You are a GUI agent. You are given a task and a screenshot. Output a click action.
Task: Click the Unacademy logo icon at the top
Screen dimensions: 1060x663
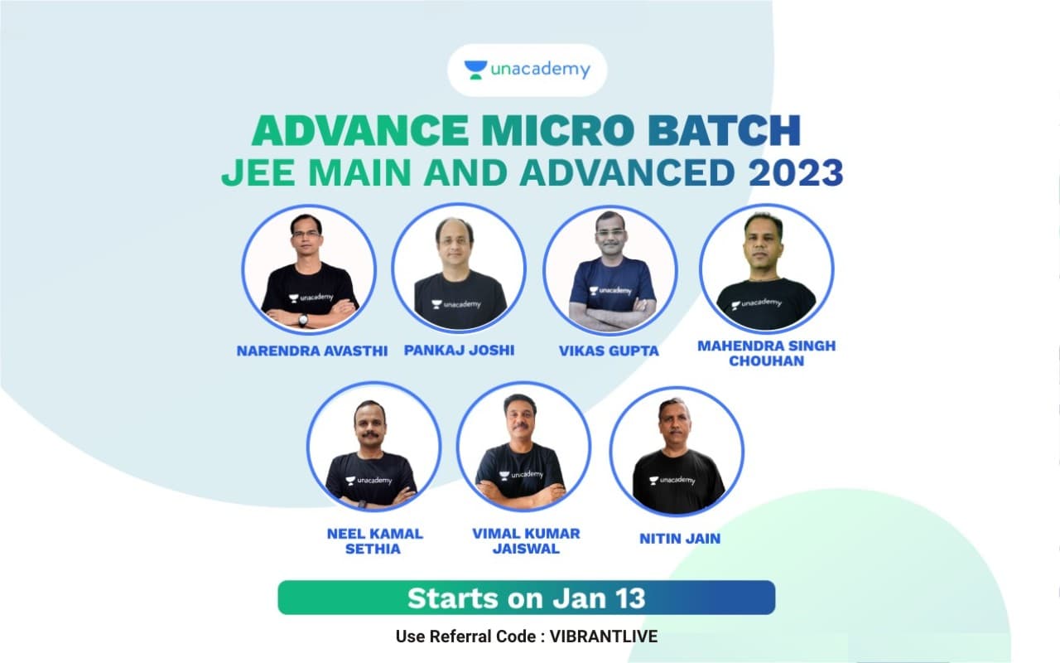[475, 70]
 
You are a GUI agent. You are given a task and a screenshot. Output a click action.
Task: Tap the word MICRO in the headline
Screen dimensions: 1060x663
[558, 130]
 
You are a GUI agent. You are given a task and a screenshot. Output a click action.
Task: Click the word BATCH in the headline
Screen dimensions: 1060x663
[724, 130]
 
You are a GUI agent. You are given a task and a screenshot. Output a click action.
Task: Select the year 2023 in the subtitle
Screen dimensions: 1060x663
[796, 173]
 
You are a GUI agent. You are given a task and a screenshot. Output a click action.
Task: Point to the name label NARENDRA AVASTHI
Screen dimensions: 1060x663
[312, 351]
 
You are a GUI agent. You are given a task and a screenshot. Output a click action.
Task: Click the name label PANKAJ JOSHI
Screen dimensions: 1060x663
[459, 350]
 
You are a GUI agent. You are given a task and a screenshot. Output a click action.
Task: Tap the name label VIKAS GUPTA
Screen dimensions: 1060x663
[609, 351]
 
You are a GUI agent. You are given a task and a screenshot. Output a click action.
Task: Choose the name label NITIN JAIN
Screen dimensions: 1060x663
[680, 539]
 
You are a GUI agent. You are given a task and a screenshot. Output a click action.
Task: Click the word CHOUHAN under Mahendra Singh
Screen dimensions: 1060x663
[767, 361]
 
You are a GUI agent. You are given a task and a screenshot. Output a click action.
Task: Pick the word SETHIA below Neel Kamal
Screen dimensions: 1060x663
[373, 549]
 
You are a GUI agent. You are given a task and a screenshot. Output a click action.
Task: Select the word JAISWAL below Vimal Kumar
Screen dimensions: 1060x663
[526, 549]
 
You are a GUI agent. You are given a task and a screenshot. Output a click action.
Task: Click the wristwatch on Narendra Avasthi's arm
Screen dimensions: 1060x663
[303, 320]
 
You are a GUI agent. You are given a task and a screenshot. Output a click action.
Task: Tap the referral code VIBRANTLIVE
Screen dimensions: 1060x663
[604, 636]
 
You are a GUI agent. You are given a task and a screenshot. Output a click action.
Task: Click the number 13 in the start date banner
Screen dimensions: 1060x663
[630, 598]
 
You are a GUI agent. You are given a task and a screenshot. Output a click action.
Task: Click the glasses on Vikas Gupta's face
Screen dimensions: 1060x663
[610, 233]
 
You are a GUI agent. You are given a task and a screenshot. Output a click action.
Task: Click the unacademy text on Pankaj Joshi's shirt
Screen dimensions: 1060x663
[462, 304]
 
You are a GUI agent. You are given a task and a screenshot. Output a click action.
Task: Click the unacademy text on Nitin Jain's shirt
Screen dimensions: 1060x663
[677, 480]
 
